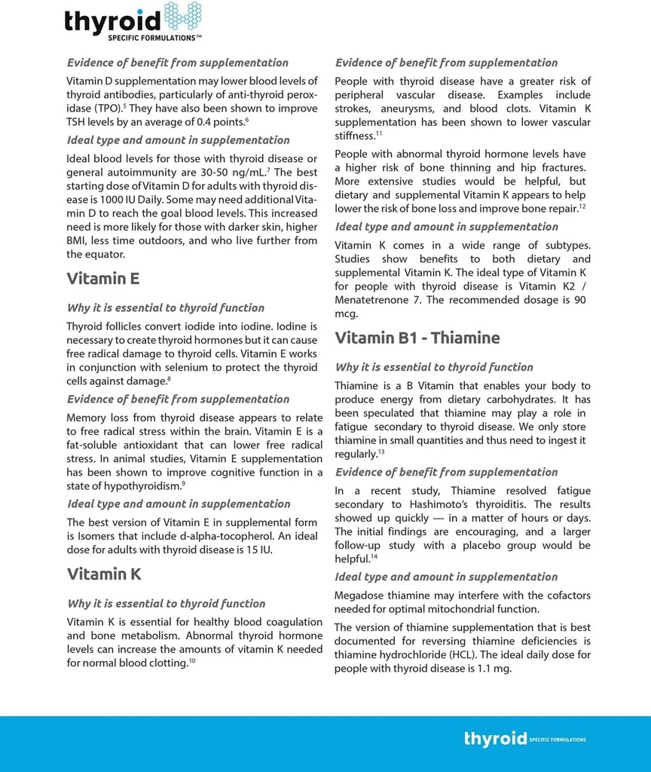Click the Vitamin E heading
click(103, 279)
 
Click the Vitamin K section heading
click(104, 574)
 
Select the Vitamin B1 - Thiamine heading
click(417, 338)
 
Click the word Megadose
click(360, 596)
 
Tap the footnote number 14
click(374, 556)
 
